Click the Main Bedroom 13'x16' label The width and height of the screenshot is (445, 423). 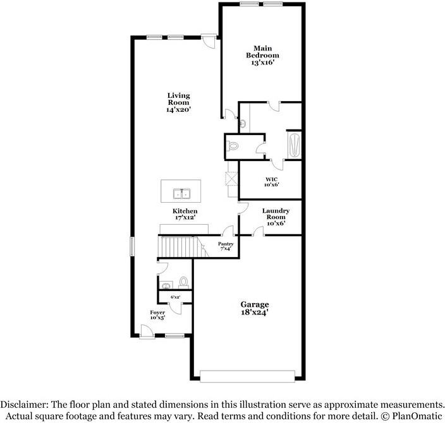click(x=262, y=56)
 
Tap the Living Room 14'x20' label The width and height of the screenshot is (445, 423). click(x=178, y=102)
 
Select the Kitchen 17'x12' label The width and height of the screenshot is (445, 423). click(x=185, y=214)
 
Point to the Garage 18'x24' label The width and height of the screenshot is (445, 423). click(x=255, y=308)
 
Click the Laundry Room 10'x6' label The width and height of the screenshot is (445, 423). click(x=276, y=217)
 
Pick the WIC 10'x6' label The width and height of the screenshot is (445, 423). click(x=272, y=182)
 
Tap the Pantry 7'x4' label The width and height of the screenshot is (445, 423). click(x=226, y=246)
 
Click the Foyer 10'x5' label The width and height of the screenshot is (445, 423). click(x=157, y=314)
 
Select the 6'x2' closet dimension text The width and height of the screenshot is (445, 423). click(x=175, y=297)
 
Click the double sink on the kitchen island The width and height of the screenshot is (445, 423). click(x=181, y=194)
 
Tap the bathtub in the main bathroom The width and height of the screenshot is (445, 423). click(x=295, y=145)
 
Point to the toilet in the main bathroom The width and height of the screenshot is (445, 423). click(x=232, y=146)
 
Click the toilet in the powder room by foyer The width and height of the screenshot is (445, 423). click(x=183, y=282)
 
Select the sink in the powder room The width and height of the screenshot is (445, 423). click(x=166, y=285)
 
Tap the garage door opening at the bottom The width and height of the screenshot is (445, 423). click(x=248, y=376)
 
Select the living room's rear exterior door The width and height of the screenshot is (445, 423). click(x=209, y=41)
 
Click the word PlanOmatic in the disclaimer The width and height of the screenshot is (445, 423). click(x=417, y=416)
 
